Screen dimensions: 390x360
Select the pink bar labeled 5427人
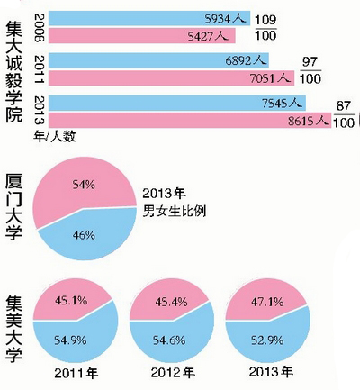click(x=135, y=37)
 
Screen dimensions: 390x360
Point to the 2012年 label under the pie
click(x=168, y=372)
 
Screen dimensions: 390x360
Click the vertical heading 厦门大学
click(x=16, y=206)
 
